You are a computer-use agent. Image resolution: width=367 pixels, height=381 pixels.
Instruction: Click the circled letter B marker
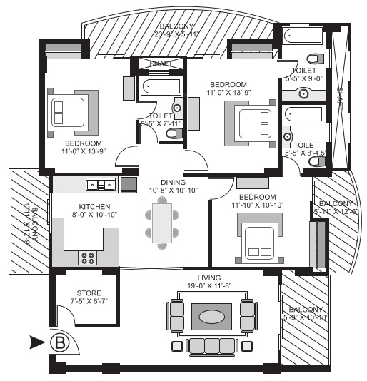(x=61, y=342)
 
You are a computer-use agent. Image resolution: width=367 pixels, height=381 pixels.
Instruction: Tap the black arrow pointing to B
(x=37, y=342)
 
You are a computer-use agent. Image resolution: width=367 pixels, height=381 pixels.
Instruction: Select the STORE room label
(x=89, y=293)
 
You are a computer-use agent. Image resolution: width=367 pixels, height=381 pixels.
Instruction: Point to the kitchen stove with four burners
(x=89, y=258)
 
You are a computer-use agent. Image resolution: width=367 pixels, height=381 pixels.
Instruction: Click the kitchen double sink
(x=101, y=185)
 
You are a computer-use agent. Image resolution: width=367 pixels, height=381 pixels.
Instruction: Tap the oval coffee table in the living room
(x=211, y=316)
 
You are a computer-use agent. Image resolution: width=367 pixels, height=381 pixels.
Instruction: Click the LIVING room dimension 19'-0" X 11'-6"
(x=209, y=285)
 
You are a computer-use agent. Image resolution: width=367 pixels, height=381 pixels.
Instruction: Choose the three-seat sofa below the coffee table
(x=211, y=346)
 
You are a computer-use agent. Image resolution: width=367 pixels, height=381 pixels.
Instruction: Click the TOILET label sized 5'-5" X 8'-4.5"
(x=305, y=148)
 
